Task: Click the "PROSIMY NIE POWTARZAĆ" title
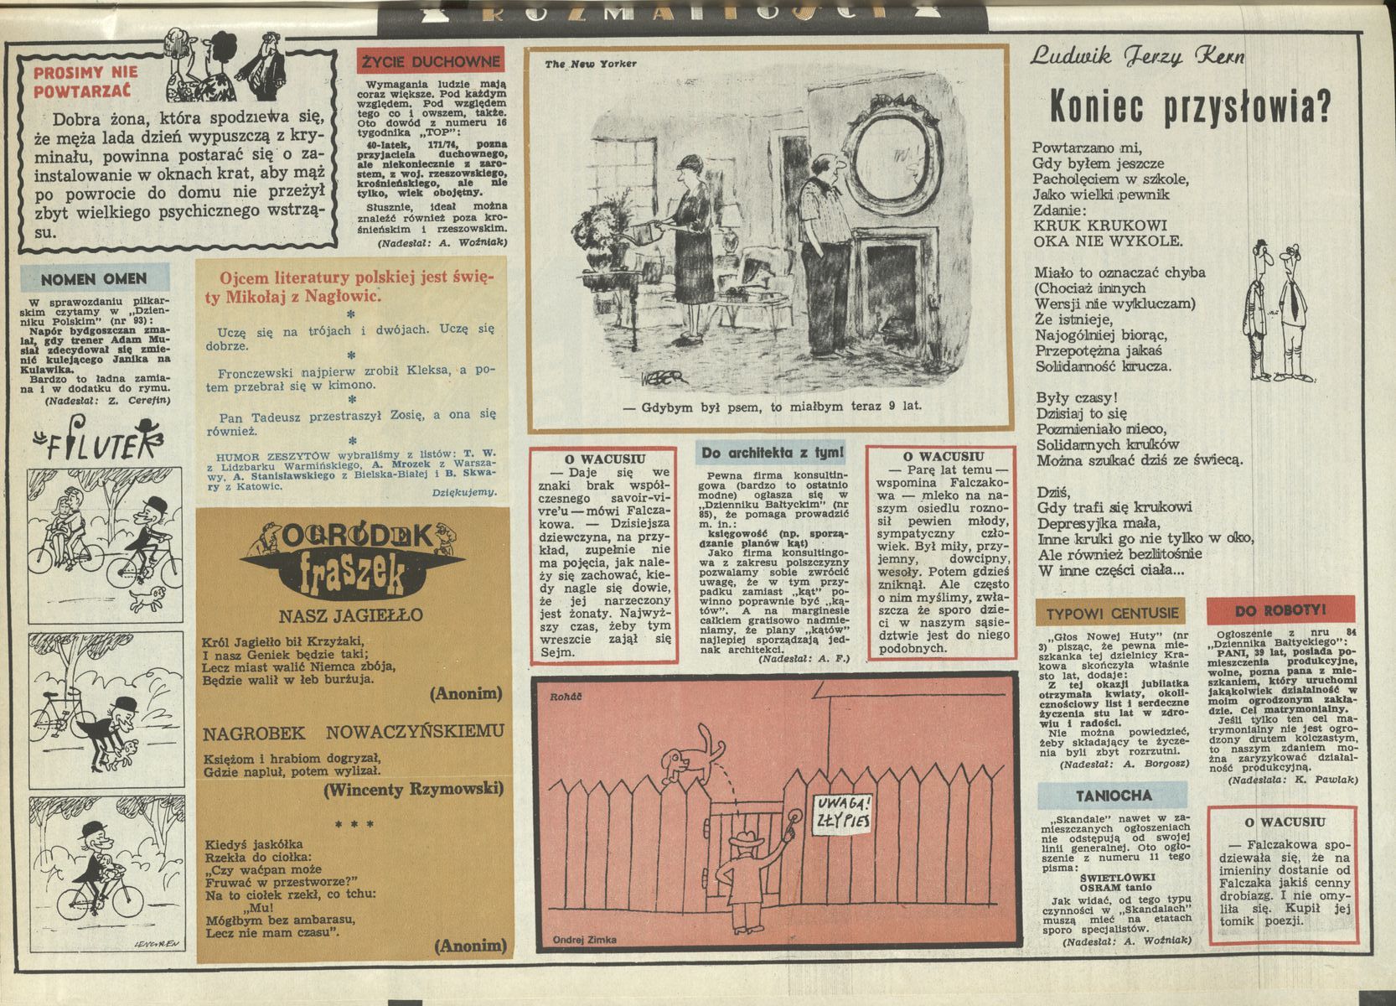85,81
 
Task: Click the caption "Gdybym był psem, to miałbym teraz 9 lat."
772,407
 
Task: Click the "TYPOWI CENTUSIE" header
1112,613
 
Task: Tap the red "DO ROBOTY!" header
1280,610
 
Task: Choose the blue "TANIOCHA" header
1114,795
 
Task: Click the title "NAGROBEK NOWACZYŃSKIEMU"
354,733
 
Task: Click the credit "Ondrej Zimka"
585,940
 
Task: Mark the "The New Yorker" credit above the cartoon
591,64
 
